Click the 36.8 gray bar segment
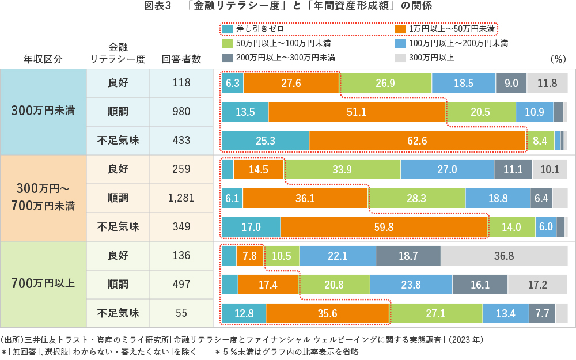(504, 256)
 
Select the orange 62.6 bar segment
(417, 141)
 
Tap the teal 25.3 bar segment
(265, 141)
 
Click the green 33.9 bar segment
(342, 169)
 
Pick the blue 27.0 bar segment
(447, 169)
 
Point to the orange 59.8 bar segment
(384, 227)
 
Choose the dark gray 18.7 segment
(408, 256)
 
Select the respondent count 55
(181, 313)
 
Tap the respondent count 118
(181, 83)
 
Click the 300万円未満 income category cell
(43, 111)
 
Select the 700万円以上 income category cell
(43, 284)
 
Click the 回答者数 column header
(181, 59)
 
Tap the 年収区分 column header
(43, 59)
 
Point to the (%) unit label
(559, 59)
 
